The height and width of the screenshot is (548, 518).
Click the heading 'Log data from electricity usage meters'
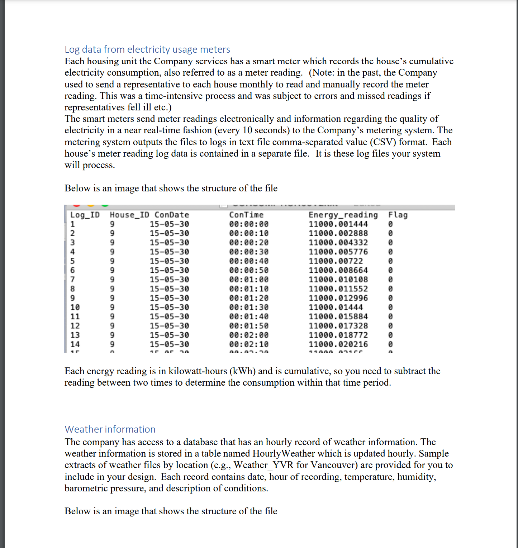(x=147, y=49)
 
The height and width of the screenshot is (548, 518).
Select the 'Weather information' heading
(x=110, y=429)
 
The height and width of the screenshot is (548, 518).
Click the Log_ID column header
(x=85, y=215)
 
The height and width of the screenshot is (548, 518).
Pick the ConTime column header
(x=246, y=215)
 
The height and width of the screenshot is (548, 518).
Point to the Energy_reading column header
(x=343, y=215)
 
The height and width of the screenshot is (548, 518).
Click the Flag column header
(x=398, y=215)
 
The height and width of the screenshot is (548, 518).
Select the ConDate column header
(x=172, y=215)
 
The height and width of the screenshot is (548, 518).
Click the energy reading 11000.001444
(x=338, y=224)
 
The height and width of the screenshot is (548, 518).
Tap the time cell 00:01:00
(x=249, y=280)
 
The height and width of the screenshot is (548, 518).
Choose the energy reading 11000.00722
(x=336, y=261)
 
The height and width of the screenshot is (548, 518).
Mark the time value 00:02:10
(x=249, y=344)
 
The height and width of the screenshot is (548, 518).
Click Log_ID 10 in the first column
(x=75, y=308)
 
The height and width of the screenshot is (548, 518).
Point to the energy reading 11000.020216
(x=338, y=344)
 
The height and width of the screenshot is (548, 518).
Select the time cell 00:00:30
(x=249, y=252)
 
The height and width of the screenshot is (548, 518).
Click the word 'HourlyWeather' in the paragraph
(x=284, y=454)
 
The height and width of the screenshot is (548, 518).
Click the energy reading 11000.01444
(x=336, y=308)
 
